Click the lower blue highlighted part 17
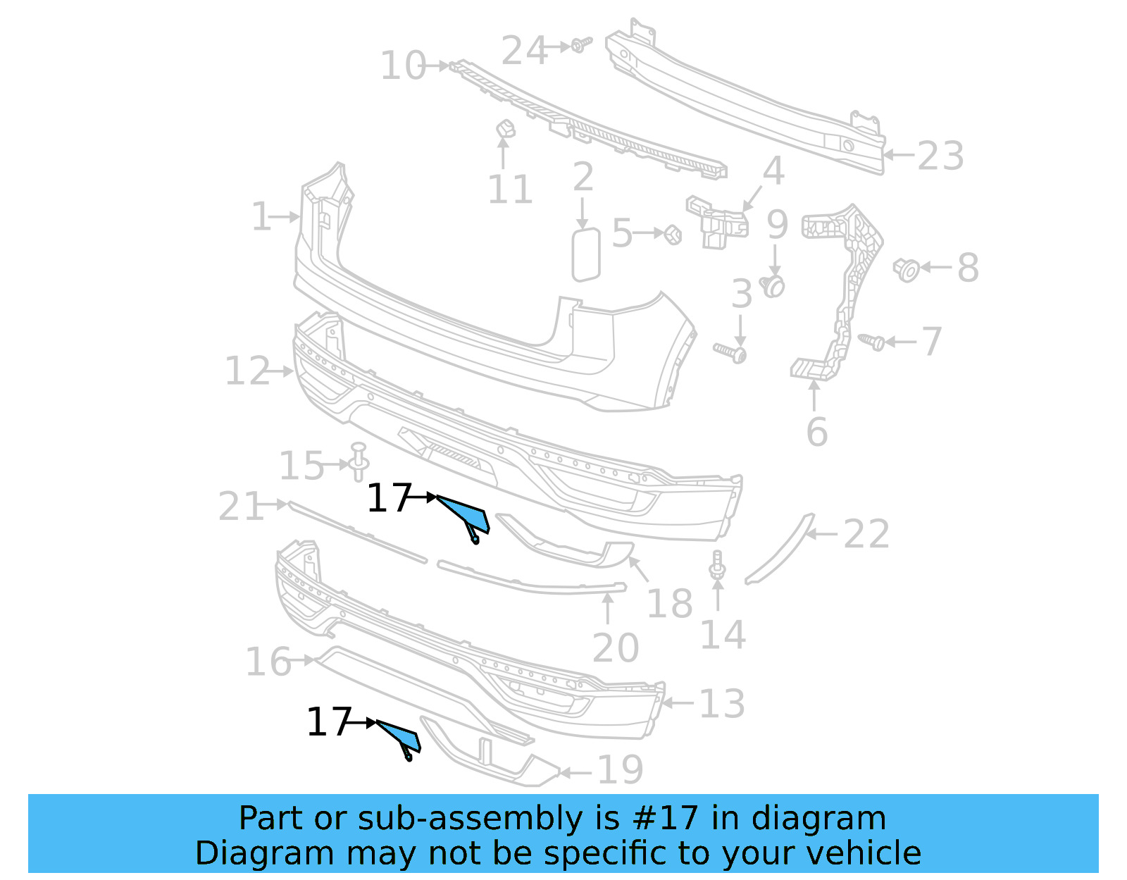(x=402, y=736)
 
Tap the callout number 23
(x=940, y=156)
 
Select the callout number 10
(x=403, y=66)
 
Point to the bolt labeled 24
(x=580, y=46)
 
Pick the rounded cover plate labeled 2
(x=585, y=254)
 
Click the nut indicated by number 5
(x=673, y=234)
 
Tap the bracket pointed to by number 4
(x=717, y=222)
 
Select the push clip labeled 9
(x=774, y=285)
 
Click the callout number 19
(x=620, y=769)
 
